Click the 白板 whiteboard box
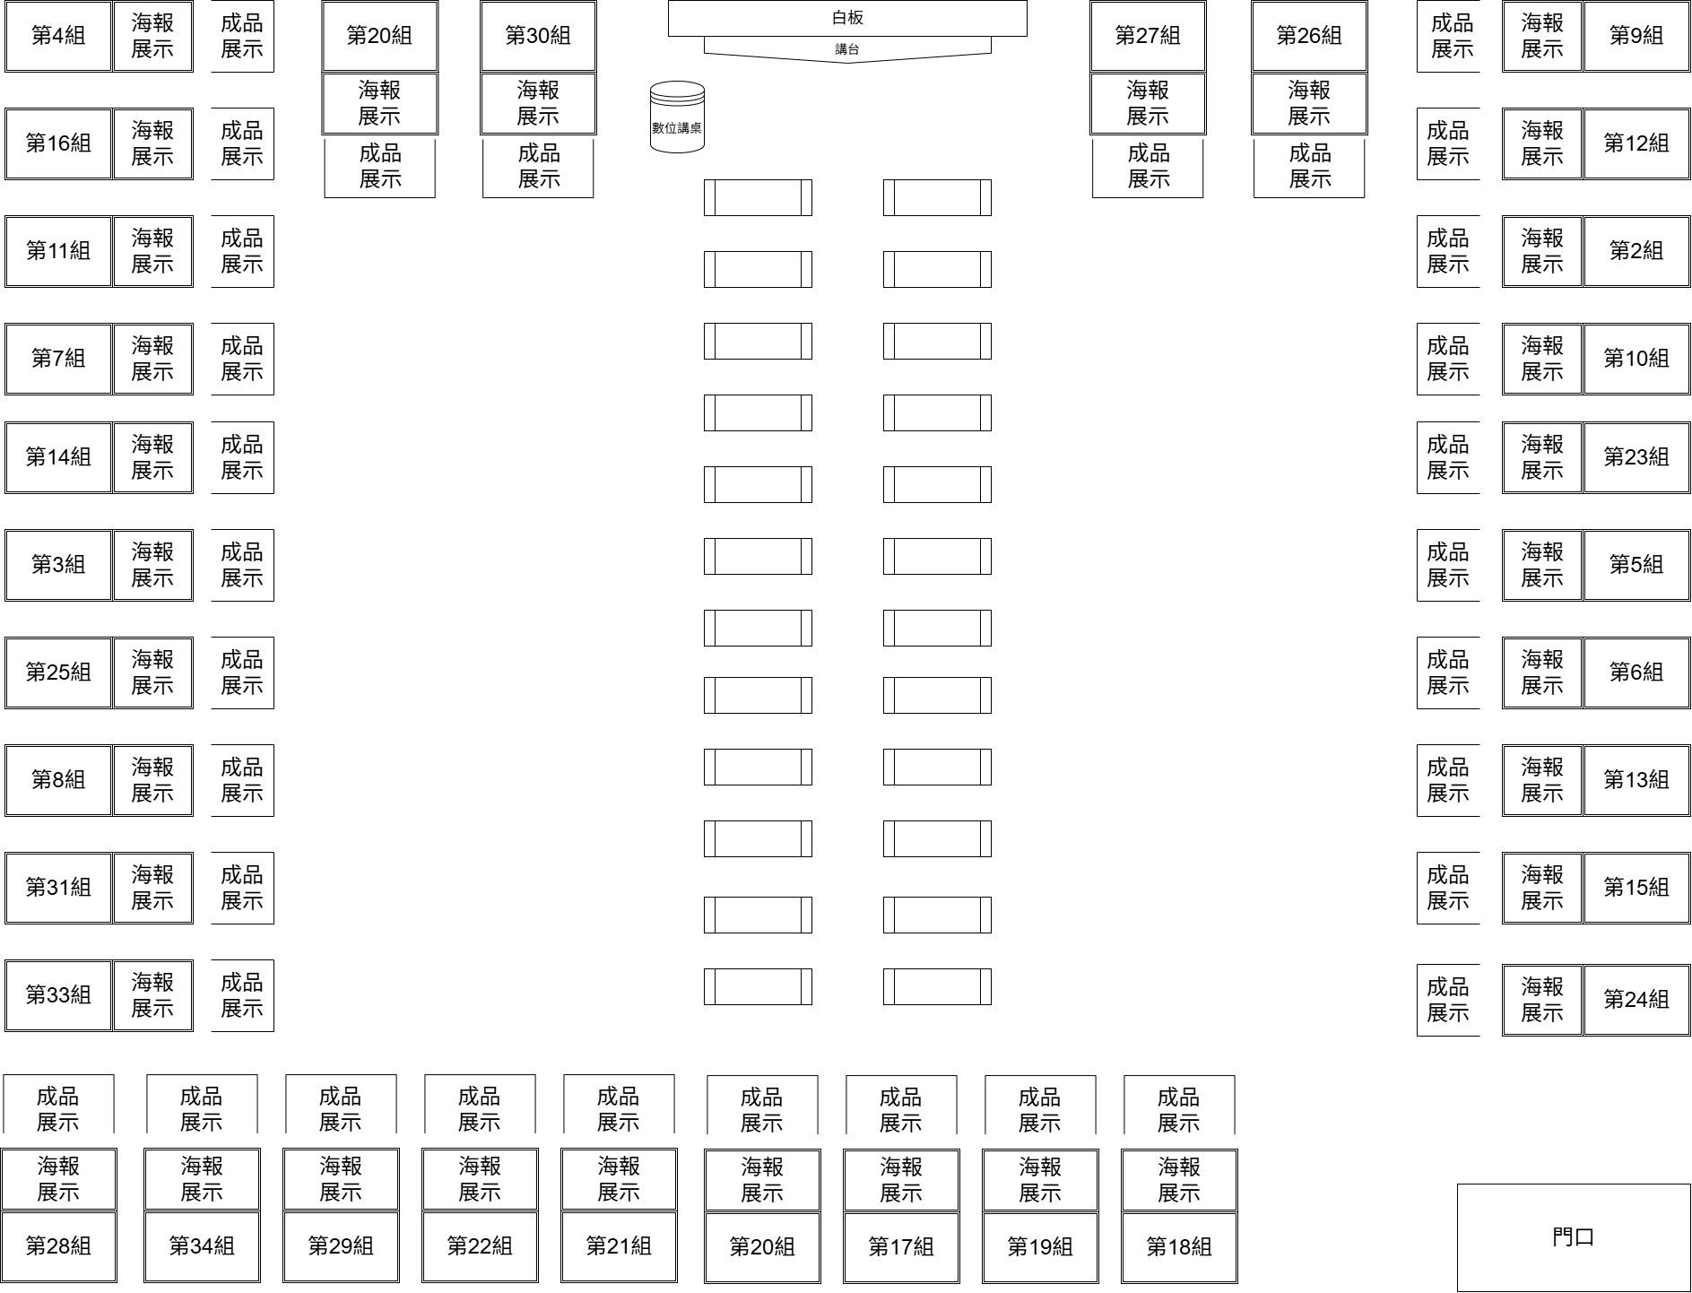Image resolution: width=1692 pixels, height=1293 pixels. [x=847, y=18]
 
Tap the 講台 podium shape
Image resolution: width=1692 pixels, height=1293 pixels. [x=847, y=49]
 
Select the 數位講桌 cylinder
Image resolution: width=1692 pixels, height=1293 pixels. [x=677, y=117]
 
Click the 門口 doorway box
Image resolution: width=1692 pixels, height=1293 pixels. [x=1574, y=1237]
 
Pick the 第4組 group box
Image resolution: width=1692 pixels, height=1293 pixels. [x=58, y=36]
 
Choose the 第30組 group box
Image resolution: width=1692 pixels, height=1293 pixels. [x=538, y=36]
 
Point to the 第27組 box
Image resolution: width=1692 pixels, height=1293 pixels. [x=1148, y=36]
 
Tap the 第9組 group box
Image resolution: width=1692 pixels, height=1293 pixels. [x=1636, y=36]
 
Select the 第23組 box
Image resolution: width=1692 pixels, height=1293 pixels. [x=1636, y=457]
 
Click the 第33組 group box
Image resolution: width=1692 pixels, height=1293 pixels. [x=58, y=995]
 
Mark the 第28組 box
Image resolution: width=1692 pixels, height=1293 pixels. [x=58, y=1246]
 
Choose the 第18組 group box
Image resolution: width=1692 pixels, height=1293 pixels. [x=1179, y=1246]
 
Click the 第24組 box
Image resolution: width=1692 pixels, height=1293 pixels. [x=1636, y=1000]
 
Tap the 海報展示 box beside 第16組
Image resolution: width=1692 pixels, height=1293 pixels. [x=152, y=143]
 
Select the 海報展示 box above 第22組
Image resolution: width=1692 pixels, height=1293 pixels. [x=480, y=1179]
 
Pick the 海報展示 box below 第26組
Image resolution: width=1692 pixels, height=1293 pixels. [x=1309, y=103]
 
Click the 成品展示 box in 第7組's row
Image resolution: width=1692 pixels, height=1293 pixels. [x=242, y=359]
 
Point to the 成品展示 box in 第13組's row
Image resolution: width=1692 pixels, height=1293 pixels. [x=1448, y=780]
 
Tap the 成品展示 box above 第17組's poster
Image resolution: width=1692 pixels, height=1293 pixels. [x=901, y=1109]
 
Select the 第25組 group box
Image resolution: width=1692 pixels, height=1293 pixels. [x=58, y=673]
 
